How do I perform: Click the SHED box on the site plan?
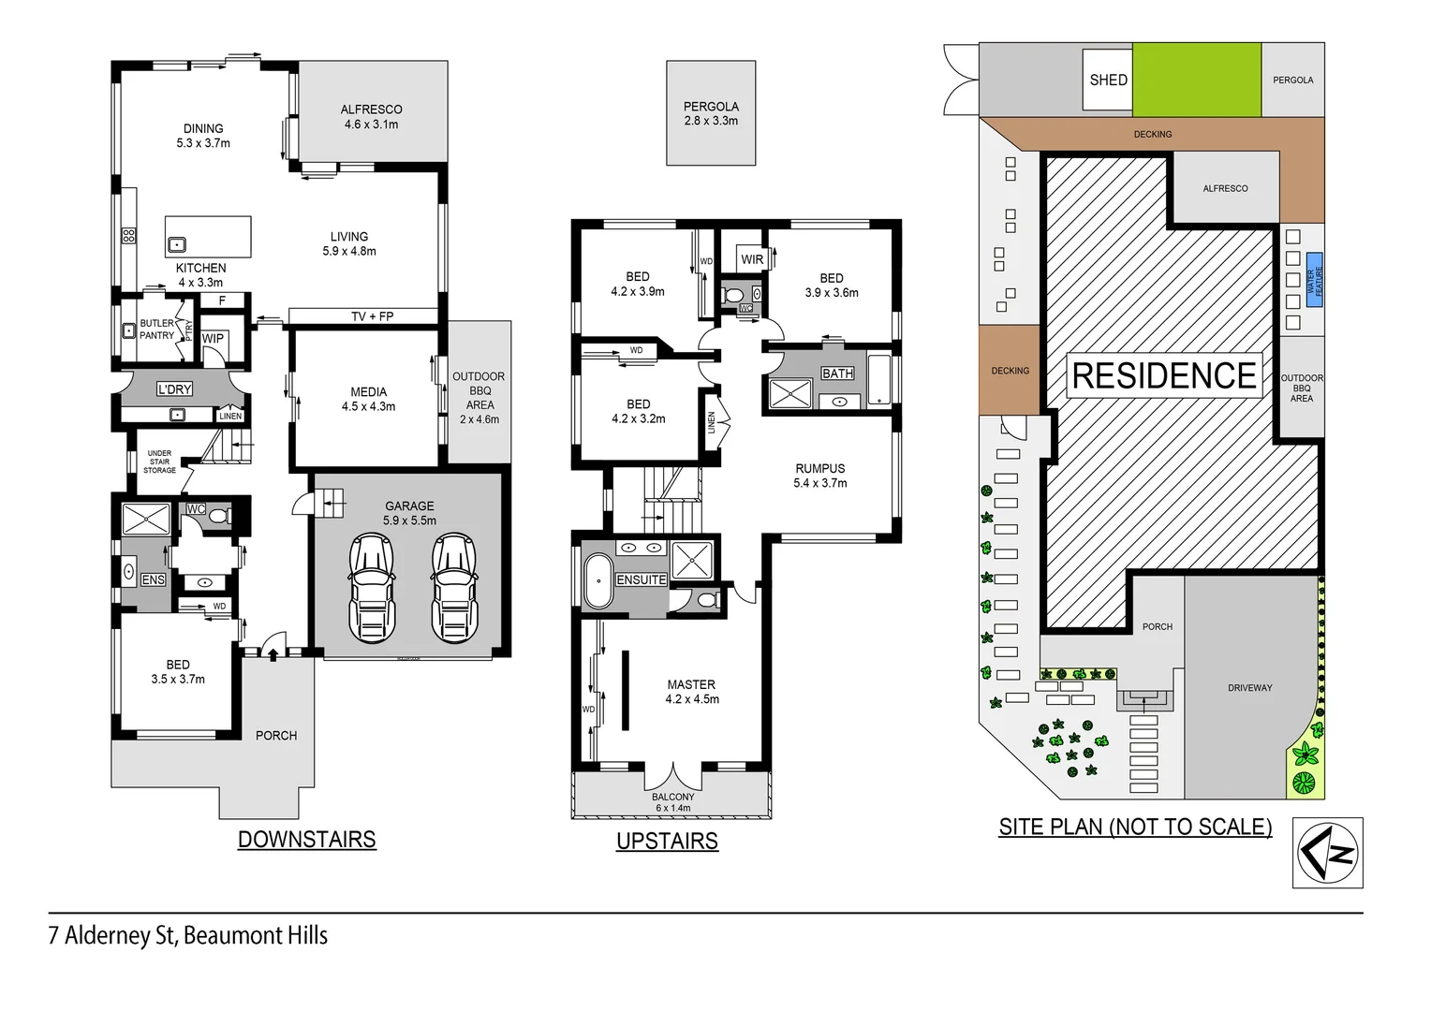tap(1108, 80)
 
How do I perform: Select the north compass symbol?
tap(1327, 853)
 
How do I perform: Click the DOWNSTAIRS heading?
tap(306, 840)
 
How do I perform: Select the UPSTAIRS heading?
tap(667, 842)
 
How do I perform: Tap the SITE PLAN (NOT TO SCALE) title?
tap(1135, 828)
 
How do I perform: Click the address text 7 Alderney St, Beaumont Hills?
tap(188, 935)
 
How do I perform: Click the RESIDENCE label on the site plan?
tap(1164, 375)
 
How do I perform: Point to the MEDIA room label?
tap(368, 399)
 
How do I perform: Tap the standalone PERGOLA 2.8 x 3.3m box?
tap(711, 113)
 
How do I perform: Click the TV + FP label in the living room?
tap(372, 316)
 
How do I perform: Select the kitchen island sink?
tap(177, 245)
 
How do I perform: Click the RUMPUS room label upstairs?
tap(819, 476)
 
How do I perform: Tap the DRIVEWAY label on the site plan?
tap(1249, 688)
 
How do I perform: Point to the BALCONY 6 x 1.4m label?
tap(673, 802)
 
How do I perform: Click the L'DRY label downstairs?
tap(174, 389)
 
